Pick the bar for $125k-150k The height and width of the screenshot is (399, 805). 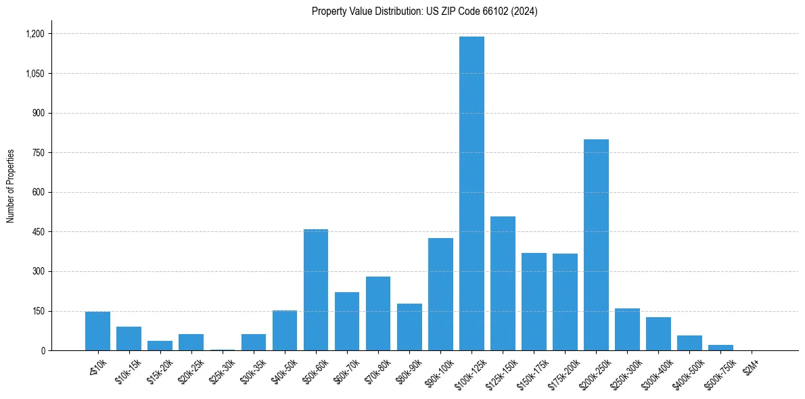[503, 283]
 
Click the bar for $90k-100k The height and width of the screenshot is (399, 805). [440, 294]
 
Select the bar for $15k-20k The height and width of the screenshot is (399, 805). [160, 346]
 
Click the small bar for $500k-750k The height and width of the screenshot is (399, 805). [720, 348]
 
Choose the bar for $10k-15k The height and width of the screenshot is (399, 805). [129, 338]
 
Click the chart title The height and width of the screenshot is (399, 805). [425, 11]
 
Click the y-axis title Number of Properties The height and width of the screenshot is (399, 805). [11, 186]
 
